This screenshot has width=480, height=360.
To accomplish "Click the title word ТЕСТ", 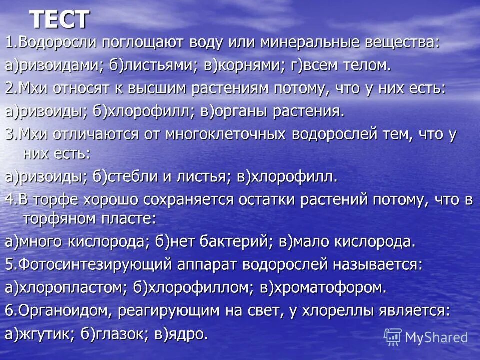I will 59,20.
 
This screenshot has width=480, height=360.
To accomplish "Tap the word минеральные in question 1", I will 308,43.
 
